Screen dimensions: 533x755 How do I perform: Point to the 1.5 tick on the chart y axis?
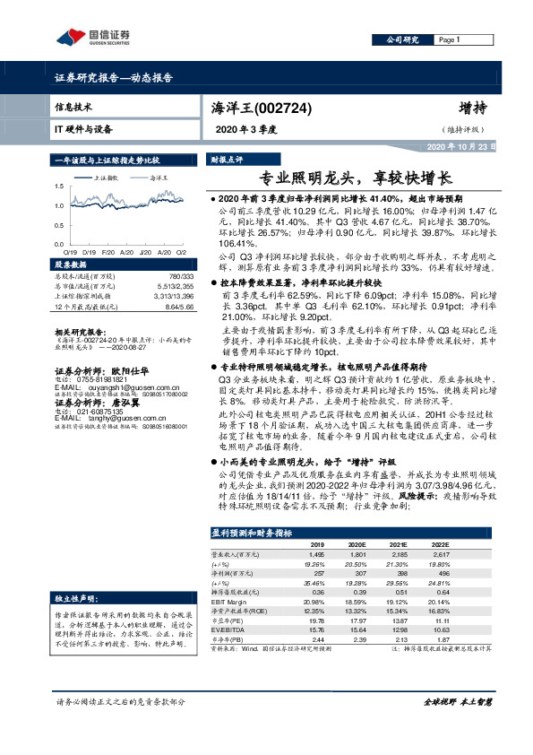coord(59,187)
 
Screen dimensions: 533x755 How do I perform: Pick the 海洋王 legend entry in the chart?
coord(158,178)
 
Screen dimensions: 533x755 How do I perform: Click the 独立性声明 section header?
coord(77,596)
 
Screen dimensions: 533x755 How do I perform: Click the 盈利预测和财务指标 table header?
coord(252,533)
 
